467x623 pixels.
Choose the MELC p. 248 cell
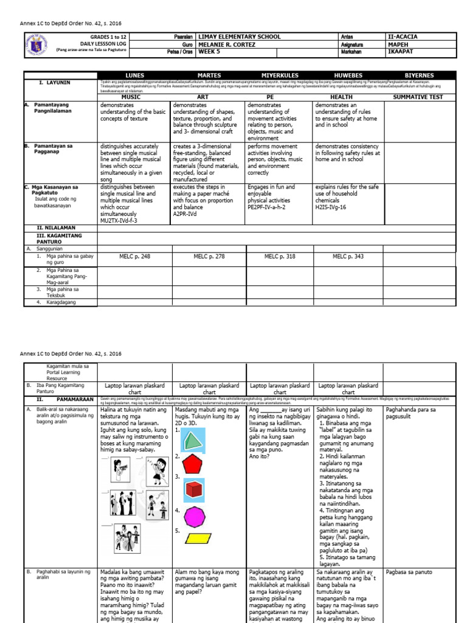[134, 257]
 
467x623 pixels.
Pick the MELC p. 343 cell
[348, 257]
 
